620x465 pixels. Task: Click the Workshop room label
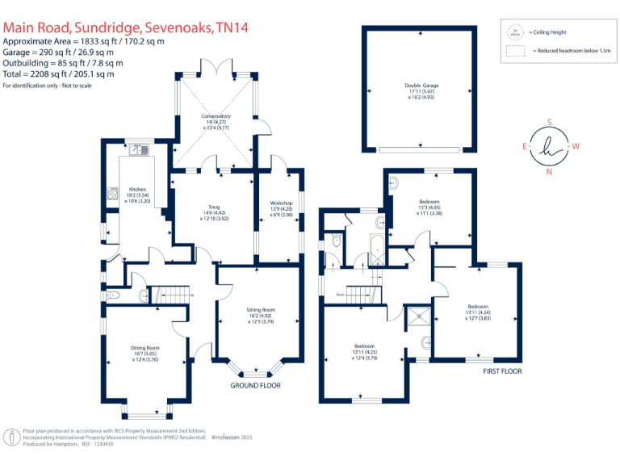[x=278, y=187]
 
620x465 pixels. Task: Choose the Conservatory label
[x=216, y=117]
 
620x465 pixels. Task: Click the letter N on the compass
[x=549, y=172]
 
